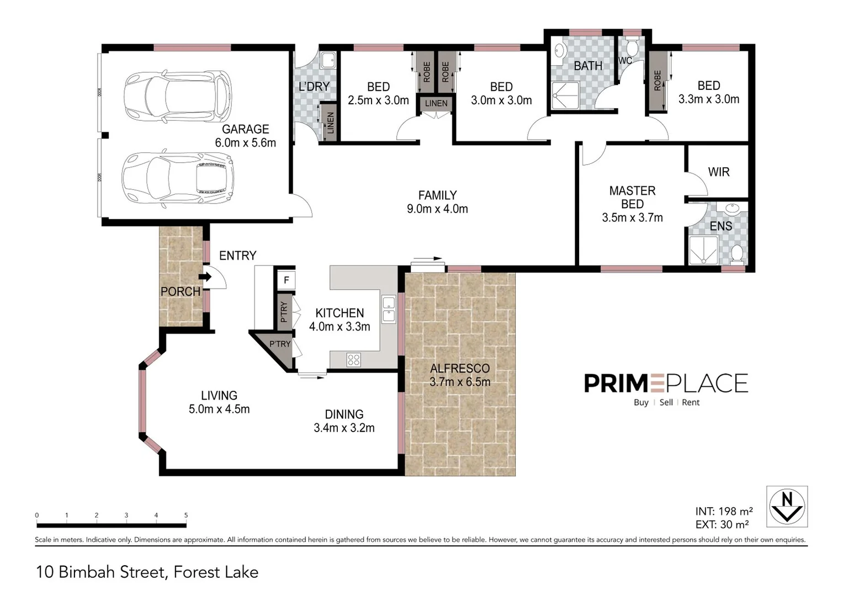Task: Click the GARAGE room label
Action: coord(245,129)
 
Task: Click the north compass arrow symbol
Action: coord(787,507)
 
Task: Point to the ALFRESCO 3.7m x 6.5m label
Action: coord(459,375)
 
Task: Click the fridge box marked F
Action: coord(286,280)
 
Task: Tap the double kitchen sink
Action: coord(389,309)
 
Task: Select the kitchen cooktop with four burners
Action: coord(354,360)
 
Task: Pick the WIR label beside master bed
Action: coord(718,172)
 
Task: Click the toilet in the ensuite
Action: coord(736,254)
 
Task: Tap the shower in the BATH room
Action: coord(565,96)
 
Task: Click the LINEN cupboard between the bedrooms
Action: coord(436,103)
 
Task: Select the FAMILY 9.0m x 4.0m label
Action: coord(437,202)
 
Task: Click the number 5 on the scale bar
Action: coord(186,515)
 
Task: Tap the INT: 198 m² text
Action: coord(724,512)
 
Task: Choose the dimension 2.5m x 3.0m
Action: coord(378,100)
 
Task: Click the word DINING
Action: coord(344,414)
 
